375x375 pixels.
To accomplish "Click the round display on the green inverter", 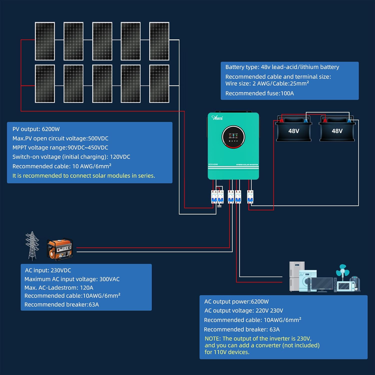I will coord(233,137).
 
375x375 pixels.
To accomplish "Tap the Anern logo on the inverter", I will coord(217,118).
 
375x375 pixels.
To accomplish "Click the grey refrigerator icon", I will coord(296,275).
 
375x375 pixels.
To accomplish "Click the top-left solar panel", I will coord(45,41).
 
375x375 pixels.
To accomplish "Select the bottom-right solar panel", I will coord(159,84).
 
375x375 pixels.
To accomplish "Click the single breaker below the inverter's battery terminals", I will coord(250,196).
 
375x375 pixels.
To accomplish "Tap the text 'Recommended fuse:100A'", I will coord(259,93).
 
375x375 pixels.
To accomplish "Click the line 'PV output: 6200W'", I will coord(36,129).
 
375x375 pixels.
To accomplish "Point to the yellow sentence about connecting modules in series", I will coord(84,176).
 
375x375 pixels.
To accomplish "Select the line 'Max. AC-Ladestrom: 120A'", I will coord(59,288).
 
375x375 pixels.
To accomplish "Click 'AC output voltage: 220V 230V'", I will coord(243,310).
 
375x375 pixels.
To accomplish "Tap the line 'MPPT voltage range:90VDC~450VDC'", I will coord(60,148).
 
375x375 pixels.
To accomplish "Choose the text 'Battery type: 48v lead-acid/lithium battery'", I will coord(282,67).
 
